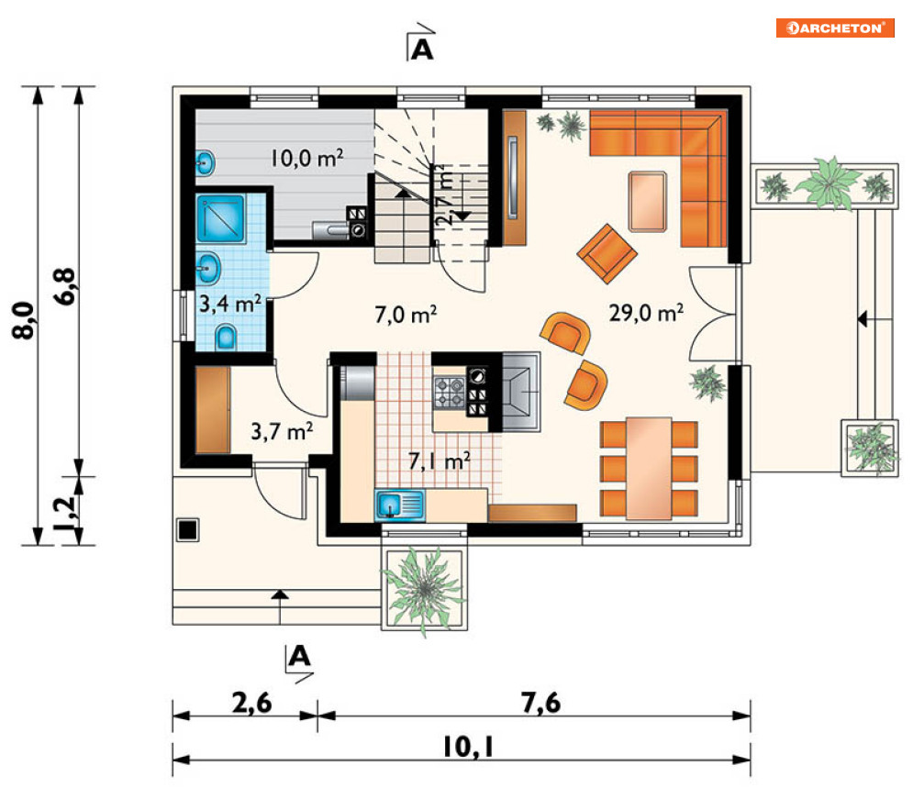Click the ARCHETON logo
pyautogui.click(x=835, y=28)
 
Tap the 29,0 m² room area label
pyautogui.click(x=646, y=313)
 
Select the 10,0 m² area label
pyautogui.click(x=306, y=158)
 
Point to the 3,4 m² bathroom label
pyautogui.click(x=230, y=304)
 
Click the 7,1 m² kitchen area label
pyautogui.click(x=440, y=461)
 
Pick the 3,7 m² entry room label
pyautogui.click(x=282, y=431)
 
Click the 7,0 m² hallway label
pyautogui.click(x=406, y=315)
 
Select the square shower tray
pyautogui.click(x=221, y=219)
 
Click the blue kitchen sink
pyautogui.click(x=399, y=505)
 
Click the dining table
pyautogui.click(x=649, y=467)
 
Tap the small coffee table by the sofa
pyautogui.click(x=648, y=201)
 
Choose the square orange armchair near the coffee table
pyautogui.click(x=607, y=254)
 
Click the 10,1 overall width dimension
pyautogui.click(x=468, y=747)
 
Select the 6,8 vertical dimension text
pyautogui.click(x=64, y=286)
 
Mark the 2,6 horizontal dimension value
pyautogui.click(x=251, y=703)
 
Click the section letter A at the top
pyautogui.click(x=422, y=50)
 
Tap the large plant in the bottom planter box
pyautogui.click(x=424, y=590)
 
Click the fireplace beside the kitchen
pyautogui.click(x=521, y=392)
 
